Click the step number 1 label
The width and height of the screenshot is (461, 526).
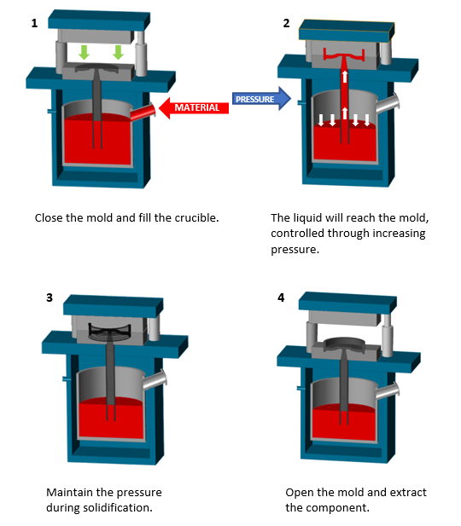point(34,23)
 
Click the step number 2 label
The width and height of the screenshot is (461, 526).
point(286,23)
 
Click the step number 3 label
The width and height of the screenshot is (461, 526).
point(50,298)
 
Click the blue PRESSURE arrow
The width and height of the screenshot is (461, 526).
point(260,100)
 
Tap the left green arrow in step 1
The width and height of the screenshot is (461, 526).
point(84,52)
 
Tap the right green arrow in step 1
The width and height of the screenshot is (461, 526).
point(118,52)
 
